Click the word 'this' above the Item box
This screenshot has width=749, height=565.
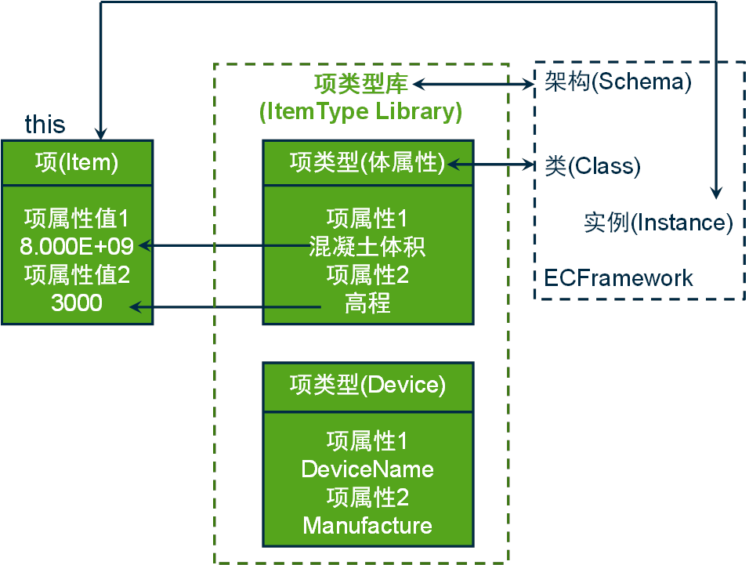[45, 124]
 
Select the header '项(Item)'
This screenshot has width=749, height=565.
[77, 162]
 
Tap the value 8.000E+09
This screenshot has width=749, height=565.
[77, 246]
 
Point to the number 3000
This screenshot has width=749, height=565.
[77, 302]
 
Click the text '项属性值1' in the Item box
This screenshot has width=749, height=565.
[77, 219]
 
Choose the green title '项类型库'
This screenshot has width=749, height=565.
[360, 84]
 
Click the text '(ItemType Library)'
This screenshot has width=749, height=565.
[360, 111]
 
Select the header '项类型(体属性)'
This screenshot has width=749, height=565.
[367, 162]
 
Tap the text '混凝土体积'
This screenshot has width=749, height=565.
[367, 246]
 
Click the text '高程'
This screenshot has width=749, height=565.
[367, 302]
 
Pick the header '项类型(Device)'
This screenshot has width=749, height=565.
[367, 385]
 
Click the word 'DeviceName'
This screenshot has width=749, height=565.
[367, 469]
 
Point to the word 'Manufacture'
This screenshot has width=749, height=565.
[367, 526]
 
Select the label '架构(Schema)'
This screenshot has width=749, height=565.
[618, 81]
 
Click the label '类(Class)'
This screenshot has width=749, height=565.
[593, 165]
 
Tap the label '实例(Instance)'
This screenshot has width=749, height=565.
[658, 223]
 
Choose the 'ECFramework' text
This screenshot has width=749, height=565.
[618, 278]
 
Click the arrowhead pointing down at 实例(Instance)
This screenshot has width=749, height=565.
[715, 193]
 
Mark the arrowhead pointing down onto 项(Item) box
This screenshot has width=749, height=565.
[101, 134]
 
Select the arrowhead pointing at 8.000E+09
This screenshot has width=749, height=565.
[145, 246]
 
